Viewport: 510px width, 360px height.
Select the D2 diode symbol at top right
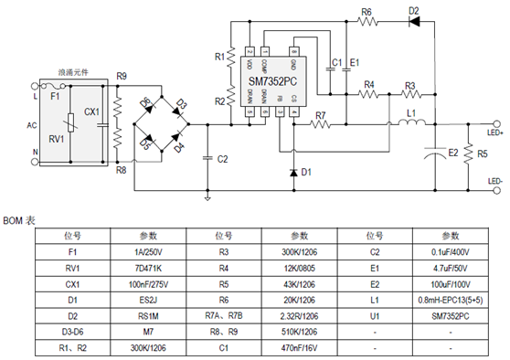click(413, 24)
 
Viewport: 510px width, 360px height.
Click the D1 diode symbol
click(292, 171)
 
